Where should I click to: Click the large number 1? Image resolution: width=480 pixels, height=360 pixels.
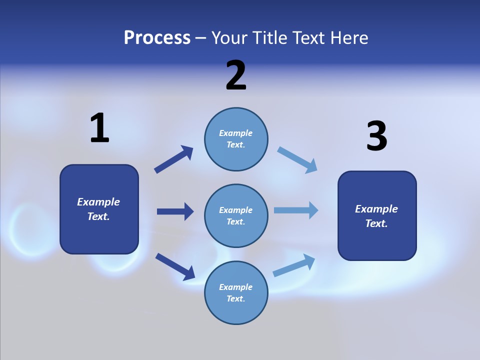[x=99, y=128]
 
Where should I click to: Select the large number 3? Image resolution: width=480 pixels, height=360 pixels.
[x=377, y=136]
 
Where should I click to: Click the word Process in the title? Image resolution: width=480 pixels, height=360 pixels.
[x=157, y=37]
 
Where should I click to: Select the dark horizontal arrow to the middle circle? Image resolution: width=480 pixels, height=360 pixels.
[x=175, y=211]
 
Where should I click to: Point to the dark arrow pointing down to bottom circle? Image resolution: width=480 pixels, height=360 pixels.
[x=175, y=266]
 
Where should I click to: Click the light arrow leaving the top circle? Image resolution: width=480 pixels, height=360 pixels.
[x=297, y=159]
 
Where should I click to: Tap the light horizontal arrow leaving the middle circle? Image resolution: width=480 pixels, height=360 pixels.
[x=296, y=210]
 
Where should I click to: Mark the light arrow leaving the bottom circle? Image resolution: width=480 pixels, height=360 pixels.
[x=294, y=265]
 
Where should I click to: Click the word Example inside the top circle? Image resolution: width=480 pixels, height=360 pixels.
[x=235, y=133]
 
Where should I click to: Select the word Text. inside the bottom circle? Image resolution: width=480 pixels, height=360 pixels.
[x=235, y=298]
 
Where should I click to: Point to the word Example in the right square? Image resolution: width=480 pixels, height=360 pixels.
[x=376, y=209]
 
